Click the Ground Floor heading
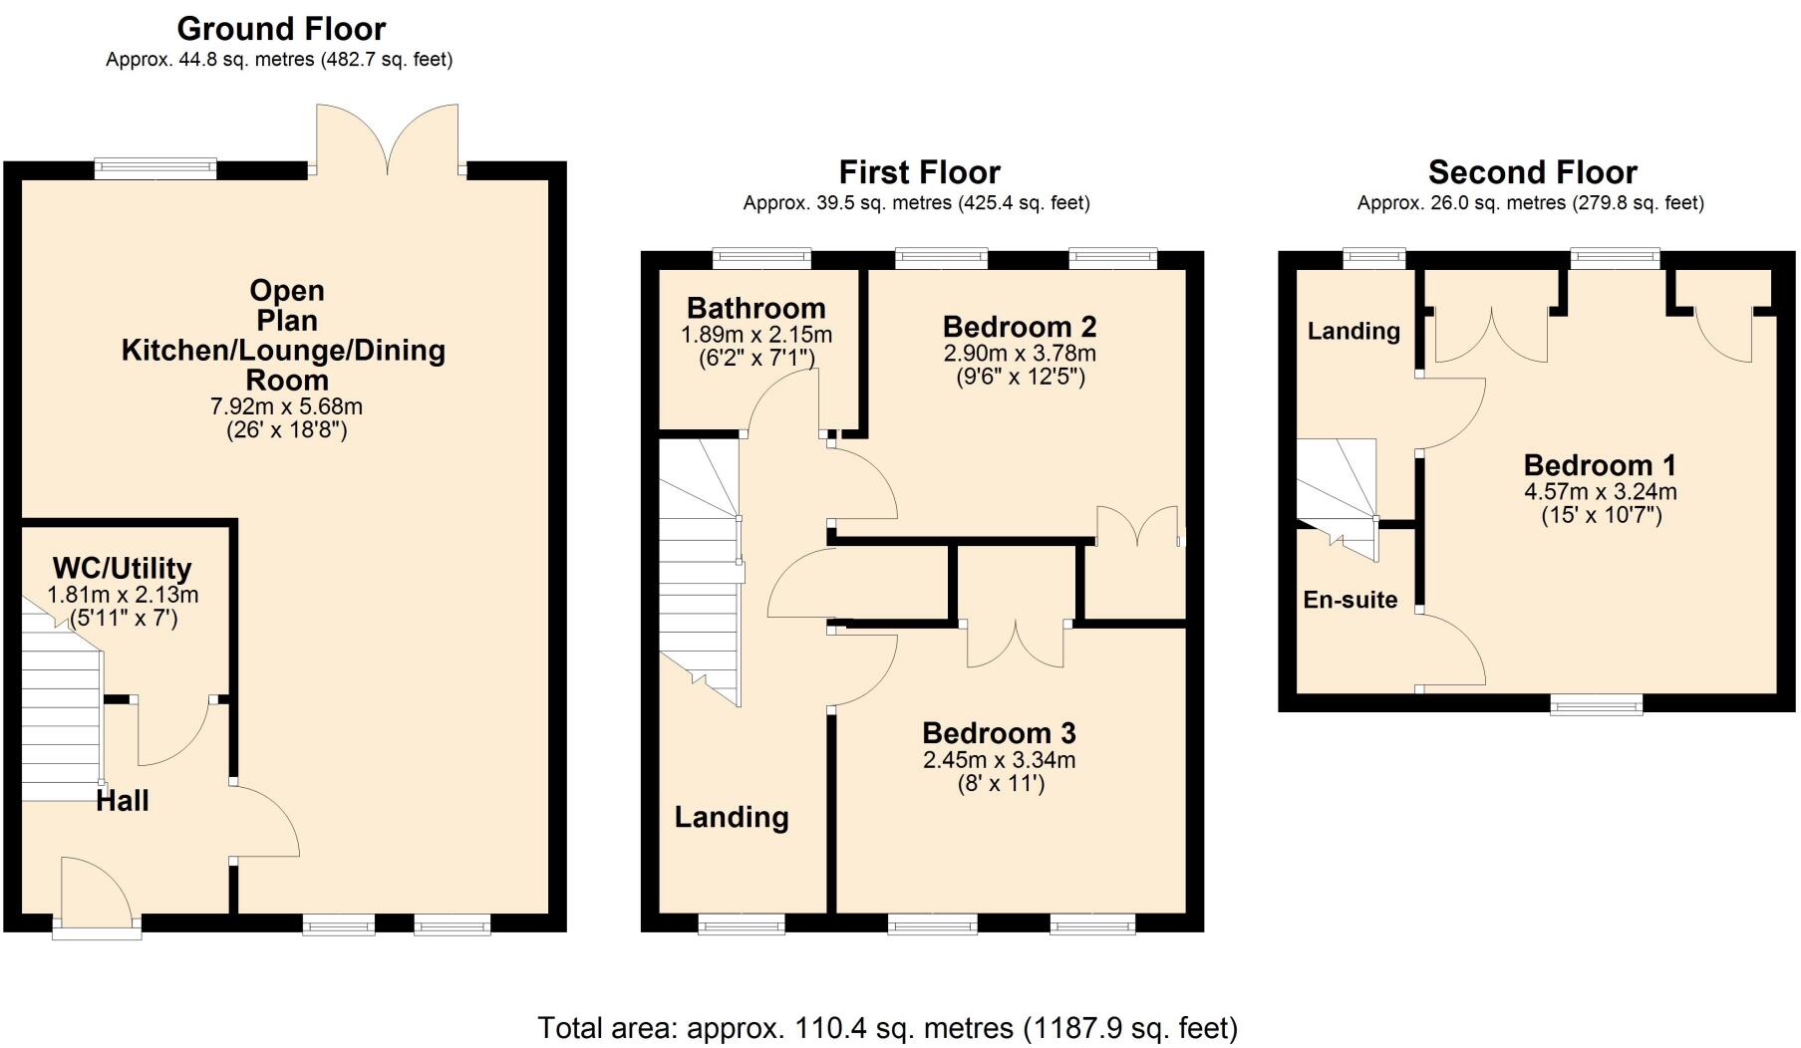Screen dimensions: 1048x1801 tap(281, 29)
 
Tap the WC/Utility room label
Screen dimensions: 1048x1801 tap(122, 569)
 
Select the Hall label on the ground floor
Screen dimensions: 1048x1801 tap(123, 800)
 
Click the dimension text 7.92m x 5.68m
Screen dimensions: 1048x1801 tap(286, 406)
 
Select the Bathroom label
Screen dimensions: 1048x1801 tap(755, 308)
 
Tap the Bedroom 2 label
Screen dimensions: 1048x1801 tap(1019, 327)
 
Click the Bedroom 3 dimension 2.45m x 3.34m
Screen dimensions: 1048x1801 tap(999, 760)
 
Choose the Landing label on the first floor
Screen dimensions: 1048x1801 tap(732, 817)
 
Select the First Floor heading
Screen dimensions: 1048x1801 tap(919, 172)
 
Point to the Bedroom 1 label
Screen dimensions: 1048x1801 tap(1599, 465)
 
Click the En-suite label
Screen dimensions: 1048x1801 tap(1350, 600)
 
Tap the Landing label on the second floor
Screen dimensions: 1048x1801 tap(1352, 331)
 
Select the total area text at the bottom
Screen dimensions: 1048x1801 tap(887, 1027)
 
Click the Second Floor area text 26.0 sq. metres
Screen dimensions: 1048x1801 tap(1530, 203)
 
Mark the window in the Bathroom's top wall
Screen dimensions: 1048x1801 tap(762, 259)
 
